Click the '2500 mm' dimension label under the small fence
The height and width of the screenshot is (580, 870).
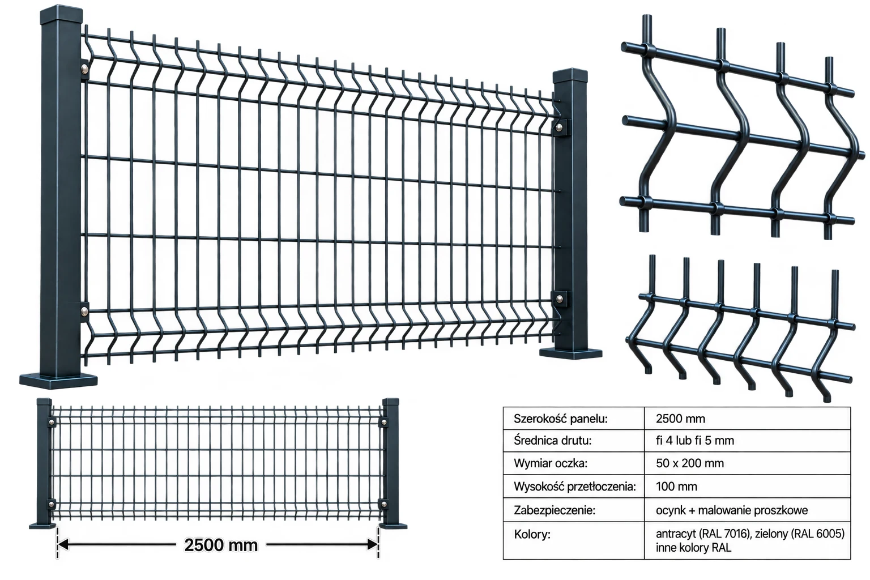click(x=220, y=545)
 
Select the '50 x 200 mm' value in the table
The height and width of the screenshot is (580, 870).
click(x=690, y=463)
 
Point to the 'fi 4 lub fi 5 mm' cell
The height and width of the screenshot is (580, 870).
click(x=695, y=441)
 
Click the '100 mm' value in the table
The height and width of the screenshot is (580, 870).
click(x=676, y=487)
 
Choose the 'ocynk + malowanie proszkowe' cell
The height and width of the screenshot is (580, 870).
click(x=732, y=510)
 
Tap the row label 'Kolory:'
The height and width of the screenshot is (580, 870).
click(x=532, y=535)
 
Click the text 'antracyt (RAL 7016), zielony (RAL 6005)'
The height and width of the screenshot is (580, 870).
click(x=750, y=534)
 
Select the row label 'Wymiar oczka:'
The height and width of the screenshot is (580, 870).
click(x=551, y=463)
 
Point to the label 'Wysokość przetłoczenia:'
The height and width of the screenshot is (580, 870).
click(x=575, y=487)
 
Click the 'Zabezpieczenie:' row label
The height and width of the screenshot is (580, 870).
click(x=555, y=510)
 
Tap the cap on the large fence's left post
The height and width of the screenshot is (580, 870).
click(x=61, y=14)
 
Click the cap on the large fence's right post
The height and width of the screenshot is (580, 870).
click(x=570, y=76)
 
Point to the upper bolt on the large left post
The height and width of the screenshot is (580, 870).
click(x=84, y=70)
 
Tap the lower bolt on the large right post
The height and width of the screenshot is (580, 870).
click(x=559, y=298)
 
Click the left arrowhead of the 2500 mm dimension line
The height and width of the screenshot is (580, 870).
click(x=63, y=545)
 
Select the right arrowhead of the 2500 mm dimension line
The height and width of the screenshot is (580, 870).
click(x=372, y=545)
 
